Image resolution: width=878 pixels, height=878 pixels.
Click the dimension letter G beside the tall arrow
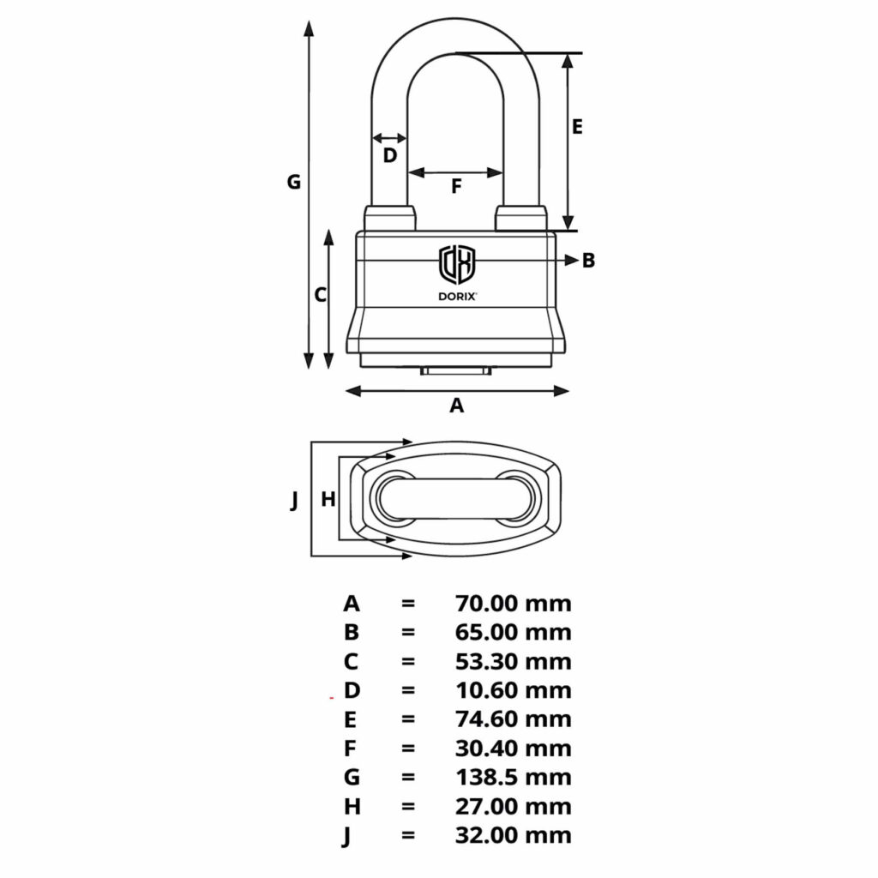coord(293,182)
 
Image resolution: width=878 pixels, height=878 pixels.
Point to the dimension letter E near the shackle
coord(577,127)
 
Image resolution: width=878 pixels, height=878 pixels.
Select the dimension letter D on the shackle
coord(389,155)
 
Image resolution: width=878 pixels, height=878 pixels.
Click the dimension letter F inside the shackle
coord(456,186)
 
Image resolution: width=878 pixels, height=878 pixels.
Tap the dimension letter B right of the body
coord(588,261)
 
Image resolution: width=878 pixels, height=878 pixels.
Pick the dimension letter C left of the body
coord(320,295)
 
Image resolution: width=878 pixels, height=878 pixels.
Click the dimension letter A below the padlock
coord(457,406)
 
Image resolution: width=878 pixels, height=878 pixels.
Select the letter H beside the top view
coord(327,500)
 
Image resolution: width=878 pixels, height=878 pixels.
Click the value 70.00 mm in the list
coord(513,604)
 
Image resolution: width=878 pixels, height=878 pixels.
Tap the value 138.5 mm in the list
coord(513,778)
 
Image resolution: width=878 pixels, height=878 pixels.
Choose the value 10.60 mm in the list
coord(513,690)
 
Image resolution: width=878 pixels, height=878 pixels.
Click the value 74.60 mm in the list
coord(513,719)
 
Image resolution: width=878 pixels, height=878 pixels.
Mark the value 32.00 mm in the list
coord(513,835)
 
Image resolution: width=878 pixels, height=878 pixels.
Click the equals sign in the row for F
coord(408,749)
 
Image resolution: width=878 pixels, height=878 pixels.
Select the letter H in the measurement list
coord(351,807)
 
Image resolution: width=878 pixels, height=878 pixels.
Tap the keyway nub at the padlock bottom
coord(456,371)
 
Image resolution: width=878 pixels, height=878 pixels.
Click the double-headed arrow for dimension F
coord(455,172)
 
